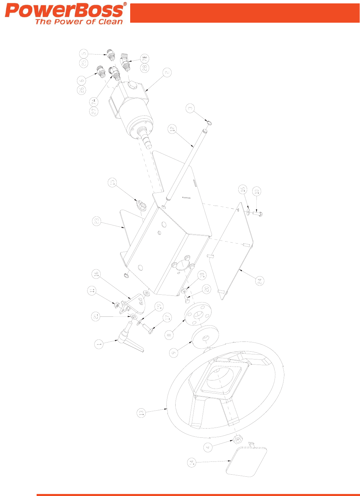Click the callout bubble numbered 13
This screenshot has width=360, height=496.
(141, 413)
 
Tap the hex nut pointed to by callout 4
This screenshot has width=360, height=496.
(237, 440)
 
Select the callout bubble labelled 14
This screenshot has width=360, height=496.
(192, 462)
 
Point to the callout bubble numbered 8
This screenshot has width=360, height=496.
(169, 335)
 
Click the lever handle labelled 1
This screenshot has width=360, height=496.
(133, 343)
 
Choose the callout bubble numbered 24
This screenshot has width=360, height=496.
(260, 281)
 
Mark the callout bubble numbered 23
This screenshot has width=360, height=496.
(97, 222)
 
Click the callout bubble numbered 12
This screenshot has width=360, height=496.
(173, 129)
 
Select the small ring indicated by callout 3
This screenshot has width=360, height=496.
(209, 122)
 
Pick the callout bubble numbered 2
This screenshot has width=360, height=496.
(167, 73)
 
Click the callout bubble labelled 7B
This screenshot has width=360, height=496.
(145, 58)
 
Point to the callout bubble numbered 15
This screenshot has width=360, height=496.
(113, 182)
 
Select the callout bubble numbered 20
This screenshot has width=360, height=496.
(206, 289)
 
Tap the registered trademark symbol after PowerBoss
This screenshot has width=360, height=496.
(125, 4)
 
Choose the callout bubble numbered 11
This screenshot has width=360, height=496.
(92, 291)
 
